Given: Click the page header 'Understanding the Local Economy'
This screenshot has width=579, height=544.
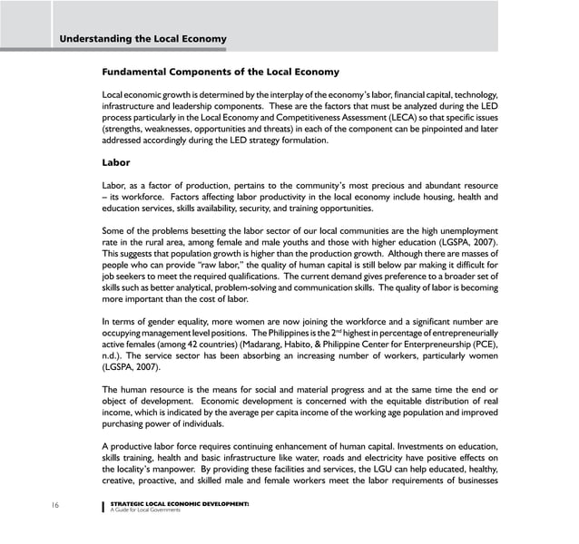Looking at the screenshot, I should click(x=142, y=39).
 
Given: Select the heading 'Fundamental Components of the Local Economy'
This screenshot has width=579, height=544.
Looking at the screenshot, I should click(x=221, y=72).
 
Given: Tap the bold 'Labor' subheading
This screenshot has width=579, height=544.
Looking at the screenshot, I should click(x=116, y=163).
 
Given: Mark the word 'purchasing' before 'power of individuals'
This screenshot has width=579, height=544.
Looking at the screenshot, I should click(x=128, y=424).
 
